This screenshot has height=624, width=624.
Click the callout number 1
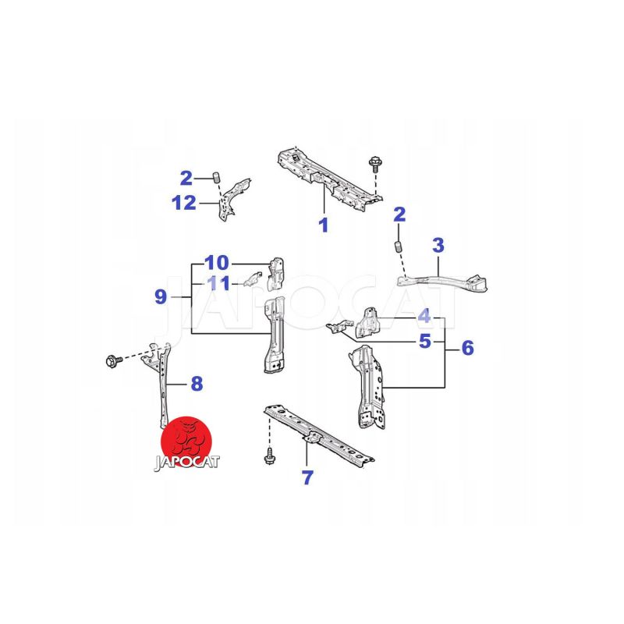pos(324,225)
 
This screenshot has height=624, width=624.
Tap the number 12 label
pos(184,203)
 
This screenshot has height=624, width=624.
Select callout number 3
pos(438,245)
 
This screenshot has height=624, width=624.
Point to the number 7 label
pos(307,477)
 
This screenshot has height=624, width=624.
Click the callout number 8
pos(197,384)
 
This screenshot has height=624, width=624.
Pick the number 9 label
pos(161,297)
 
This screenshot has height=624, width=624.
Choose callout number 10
pos(217,263)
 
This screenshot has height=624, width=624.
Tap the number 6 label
pos(468,348)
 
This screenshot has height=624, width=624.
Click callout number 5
pos(425,342)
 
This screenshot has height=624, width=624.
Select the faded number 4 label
pos(424,316)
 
